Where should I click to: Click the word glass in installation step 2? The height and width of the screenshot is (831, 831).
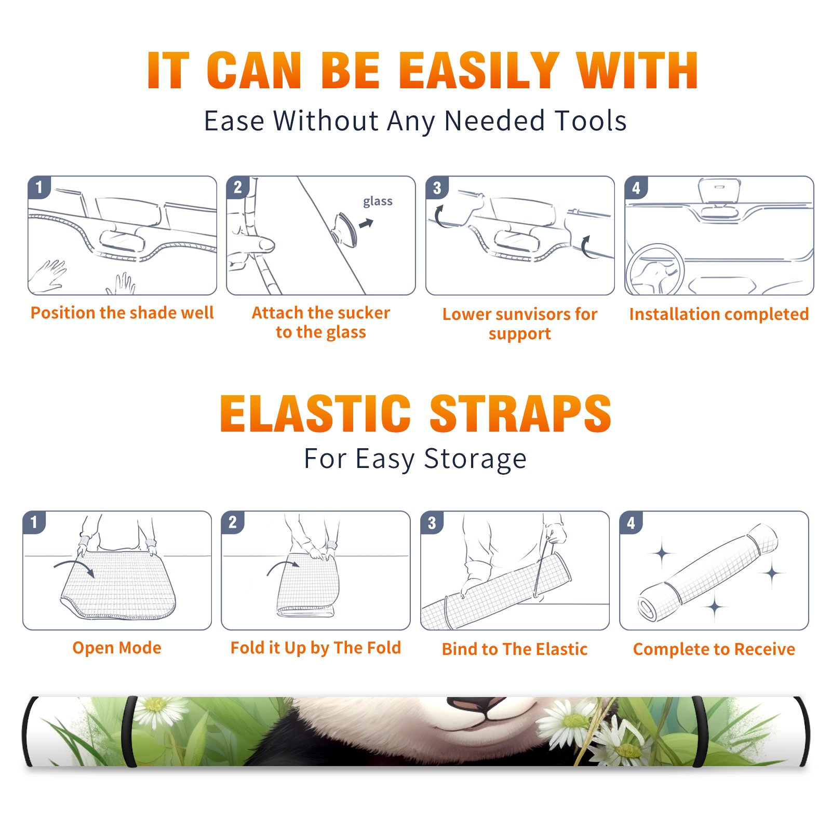[378, 202]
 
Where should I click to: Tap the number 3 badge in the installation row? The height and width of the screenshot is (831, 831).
[437, 188]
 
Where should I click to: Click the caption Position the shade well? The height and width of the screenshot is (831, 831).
[122, 313]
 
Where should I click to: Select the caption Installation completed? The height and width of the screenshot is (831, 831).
[719, 314]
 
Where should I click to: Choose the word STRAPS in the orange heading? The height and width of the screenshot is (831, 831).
[520, 413]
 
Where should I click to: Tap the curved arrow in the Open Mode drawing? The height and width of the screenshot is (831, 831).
[74, 567]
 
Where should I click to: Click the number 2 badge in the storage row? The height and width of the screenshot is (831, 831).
[233, 522]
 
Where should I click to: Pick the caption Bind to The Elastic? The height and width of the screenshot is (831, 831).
[514, 649]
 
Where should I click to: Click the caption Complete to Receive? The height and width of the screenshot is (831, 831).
[714, 649]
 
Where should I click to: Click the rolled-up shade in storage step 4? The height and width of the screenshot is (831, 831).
[708, 572]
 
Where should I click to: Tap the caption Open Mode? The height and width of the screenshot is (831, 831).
[117, 648]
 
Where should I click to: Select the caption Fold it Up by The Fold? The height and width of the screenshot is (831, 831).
[316, 648]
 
